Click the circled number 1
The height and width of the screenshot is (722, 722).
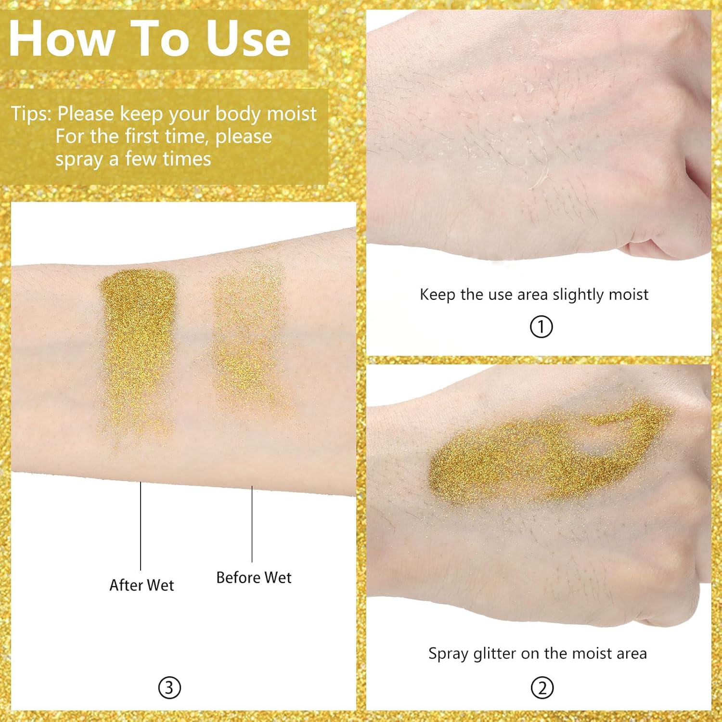click(541, 327)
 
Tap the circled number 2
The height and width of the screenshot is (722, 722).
click(542, 688)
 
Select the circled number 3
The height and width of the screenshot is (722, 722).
click(169, 688)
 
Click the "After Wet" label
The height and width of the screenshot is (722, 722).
click(142, 585)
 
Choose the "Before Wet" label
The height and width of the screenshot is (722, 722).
click(254, 577)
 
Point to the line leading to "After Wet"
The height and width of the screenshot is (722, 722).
click(141, 526)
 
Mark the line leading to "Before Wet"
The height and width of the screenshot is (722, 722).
click(252, 524)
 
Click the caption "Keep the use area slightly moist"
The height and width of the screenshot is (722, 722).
click(534, 295)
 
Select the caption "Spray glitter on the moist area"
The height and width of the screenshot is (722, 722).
click(538, 654)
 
